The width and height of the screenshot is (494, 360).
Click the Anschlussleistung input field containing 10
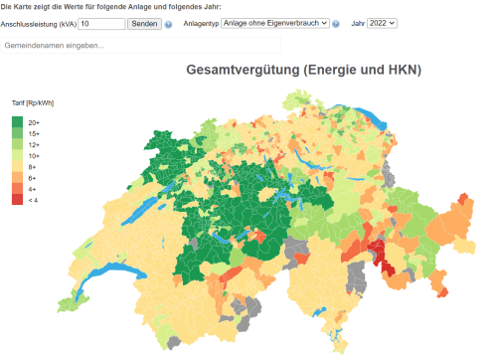pos(100,23)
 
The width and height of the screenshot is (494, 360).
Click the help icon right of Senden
pos(169,23)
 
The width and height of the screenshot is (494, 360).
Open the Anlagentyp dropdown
pos(274,23)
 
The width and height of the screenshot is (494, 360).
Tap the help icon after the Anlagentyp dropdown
pos(336,23)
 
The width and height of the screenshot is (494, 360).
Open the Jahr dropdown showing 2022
pos(382,23)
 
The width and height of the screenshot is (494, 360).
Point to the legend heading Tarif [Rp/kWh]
pos(32,103)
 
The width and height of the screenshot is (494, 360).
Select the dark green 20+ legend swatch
pos(18,122)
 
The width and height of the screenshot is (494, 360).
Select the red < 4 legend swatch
pos(18,200)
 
